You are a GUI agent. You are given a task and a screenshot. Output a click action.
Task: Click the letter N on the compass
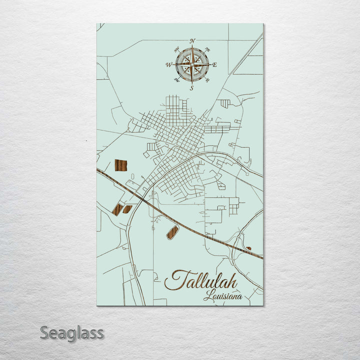(192, 40)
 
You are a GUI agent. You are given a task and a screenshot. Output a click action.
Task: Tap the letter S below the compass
(191, 88)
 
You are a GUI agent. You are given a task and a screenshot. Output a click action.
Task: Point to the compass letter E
(215, 65)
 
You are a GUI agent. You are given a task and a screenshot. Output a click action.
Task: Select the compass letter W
(168, 64)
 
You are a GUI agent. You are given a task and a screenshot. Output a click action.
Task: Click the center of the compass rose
(192, 64)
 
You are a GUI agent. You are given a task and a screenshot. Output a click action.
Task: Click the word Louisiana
(222, 296)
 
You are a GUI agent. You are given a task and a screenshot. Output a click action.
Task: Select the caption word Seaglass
(71, 332)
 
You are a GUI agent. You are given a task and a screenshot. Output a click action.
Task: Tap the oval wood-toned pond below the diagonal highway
(172, 232)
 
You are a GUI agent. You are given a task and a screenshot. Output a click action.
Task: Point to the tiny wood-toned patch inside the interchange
(248, 248)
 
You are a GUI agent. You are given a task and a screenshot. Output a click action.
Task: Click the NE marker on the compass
(207, 49)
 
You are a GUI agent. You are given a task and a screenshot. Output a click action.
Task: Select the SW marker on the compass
(176, 80)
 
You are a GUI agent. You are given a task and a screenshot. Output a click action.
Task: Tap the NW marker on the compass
(176, 49)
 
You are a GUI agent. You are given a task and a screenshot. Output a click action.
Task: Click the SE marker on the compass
(207, 80)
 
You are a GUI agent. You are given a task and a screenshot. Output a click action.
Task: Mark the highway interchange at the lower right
(240, 245)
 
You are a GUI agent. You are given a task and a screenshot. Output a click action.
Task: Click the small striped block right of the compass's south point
(225, 103)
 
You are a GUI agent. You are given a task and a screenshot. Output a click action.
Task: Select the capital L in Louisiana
(207, 296)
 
